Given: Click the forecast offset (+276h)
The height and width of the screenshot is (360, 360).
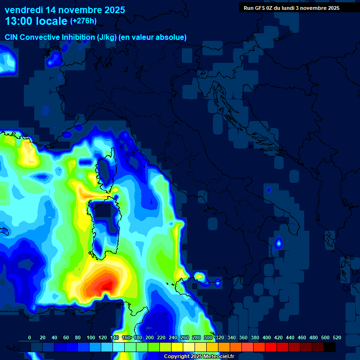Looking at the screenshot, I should point(83,21).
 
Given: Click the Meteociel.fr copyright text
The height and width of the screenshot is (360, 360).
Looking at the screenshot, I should point(199,357).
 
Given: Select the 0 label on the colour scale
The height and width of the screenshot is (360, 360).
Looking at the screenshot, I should point(30,337).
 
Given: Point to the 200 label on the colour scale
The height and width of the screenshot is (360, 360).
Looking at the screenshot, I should point(150,337).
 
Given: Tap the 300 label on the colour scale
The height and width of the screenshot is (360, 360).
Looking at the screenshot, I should point(208,337).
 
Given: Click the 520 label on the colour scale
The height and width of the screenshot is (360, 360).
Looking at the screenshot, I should point(337,337).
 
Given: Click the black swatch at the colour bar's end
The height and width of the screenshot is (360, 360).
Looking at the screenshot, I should point(330,347).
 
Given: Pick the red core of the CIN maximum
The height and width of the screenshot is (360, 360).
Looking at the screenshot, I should point(106,285).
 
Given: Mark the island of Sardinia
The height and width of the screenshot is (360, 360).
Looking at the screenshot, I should point(106,225).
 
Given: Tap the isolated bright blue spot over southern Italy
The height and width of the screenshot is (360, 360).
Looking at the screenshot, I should point(278,243).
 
